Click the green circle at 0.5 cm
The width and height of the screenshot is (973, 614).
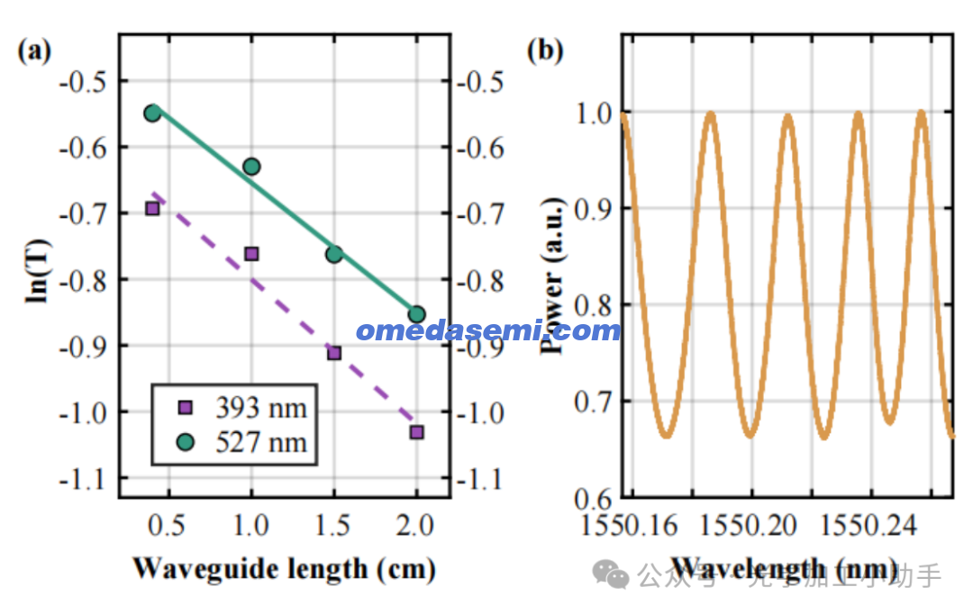tap(152, 113)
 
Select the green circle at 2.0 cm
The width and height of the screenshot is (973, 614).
tap(416, 314)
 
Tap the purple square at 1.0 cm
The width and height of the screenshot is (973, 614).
tap(251, 254)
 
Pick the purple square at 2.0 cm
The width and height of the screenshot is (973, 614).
tap(416, 431)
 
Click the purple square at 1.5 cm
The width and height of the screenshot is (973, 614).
tap(334, 353)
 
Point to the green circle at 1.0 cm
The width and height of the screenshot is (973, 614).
tap(251, 167)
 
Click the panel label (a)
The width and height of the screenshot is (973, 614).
tap(35, 50)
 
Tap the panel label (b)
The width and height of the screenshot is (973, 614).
tap(544, 50)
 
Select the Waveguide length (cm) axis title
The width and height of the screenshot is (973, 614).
tap(284, 569)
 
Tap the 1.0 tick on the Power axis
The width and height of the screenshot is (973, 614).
tap(593, 113)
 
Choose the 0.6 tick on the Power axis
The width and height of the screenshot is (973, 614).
tap(593, 496)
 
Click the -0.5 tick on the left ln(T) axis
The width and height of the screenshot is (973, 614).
tap(81, 81)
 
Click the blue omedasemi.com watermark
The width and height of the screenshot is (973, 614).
tap(488, 330)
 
